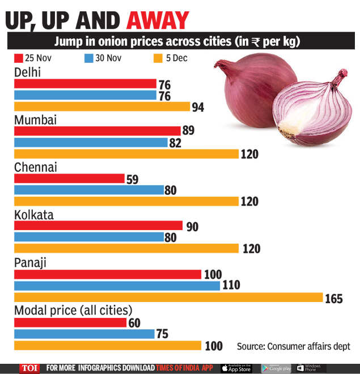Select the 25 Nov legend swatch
click(x=18, y=58)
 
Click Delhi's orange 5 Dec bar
click(x=101, y=107)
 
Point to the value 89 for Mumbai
click(x=188, y=131)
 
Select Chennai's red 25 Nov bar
click(x=69, y=178)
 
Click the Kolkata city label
click(x=33, y=215)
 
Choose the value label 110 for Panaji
click(x=232, y=286)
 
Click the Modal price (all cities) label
click(x=73, y=311)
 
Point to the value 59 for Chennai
click(x=132, y=179)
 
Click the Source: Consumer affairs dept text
click(x=293, y=346)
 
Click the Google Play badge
click(x=276, y=368)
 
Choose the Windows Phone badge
click(x=311, y=368)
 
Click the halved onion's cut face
click(x=309, y=113)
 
